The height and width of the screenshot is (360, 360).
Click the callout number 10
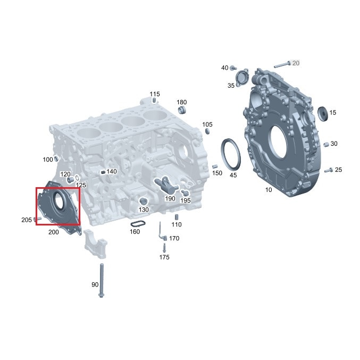pyautogui.click(x=268, y=190)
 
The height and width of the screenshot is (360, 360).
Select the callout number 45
pyautogui.click(x=233, y=174)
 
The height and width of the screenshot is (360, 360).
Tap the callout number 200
pyautogui.click(x=54, y=232)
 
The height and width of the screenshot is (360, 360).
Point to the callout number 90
pyautogui.click(x=95, y=284)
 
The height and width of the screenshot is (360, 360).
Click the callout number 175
pyautogui.click(x=164, y=257)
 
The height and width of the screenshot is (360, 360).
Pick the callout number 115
pyautogui.click(x=154, y=94)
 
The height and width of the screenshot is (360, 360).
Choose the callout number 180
pyautogui.click(x=182, y=102)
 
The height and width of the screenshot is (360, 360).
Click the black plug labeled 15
pyautogui.click(x=321, y=113)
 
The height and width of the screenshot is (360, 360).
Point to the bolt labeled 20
pyautogui.click(x=282, y=65)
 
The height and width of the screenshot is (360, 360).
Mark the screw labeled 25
pyautogui.click(x=328, y=170)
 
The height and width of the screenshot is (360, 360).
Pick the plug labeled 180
pyautogui.click(x=182, y=110)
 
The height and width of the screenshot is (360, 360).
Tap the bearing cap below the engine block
pyautogui.click(x=96, y=246)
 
